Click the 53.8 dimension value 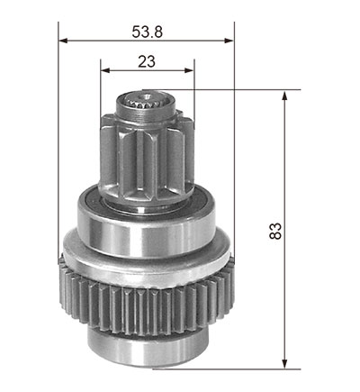coord(147,32)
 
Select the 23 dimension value coord(147,61)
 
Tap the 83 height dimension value coord(275,231)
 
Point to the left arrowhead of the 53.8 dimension coord(63,41)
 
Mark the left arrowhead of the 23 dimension coord(105,70)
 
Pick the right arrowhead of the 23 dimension coord(189,70)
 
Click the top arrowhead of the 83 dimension coord(284,96)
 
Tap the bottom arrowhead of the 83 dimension coord(284,364)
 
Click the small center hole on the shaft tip coord(147,96)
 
